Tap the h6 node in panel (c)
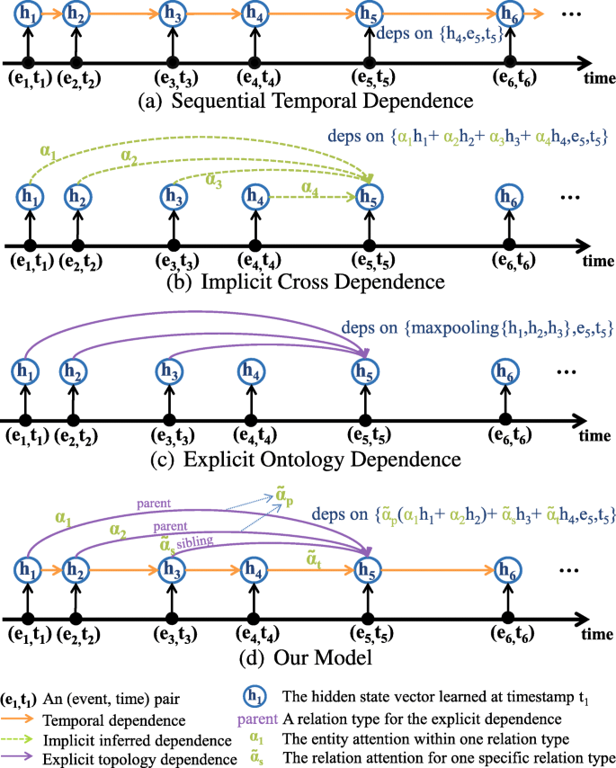509,370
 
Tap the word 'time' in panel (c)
594,436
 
